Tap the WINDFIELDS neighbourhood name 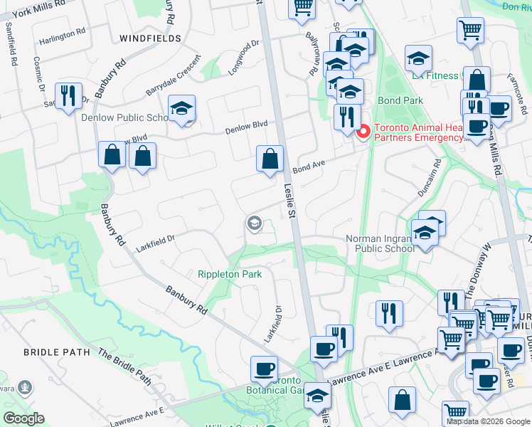pos(150,38)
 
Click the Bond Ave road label pos(308,166)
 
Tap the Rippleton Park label pos(229,274)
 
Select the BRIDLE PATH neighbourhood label pos(56,352)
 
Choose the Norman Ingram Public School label pos(380,244)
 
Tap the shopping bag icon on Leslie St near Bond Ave pos(270,160)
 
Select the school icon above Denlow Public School pos(181,109)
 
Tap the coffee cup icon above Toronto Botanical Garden pos(264,369)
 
